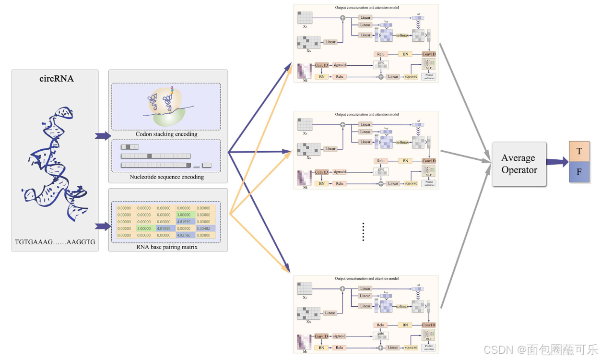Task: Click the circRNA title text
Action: coord(56,79)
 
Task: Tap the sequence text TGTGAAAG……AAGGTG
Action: coord(55,242)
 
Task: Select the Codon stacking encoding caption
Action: coord(166,134)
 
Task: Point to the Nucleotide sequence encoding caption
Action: coord(166,177)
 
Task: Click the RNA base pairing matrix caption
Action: coord(166,247)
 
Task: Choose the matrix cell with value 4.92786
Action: coord(186,235)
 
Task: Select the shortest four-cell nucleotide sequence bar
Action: coord(129,147)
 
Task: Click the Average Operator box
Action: coord(519,164)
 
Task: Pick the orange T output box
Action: coord(579,151)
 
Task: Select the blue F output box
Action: coord(579,172)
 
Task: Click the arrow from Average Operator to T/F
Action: coord(556,162)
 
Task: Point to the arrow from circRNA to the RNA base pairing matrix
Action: coord(103,226)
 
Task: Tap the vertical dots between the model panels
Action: coord(364,232)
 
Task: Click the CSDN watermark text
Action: coord(540,349)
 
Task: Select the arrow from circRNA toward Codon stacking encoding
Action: coord(103,136)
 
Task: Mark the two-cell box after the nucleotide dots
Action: coord(207,165)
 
